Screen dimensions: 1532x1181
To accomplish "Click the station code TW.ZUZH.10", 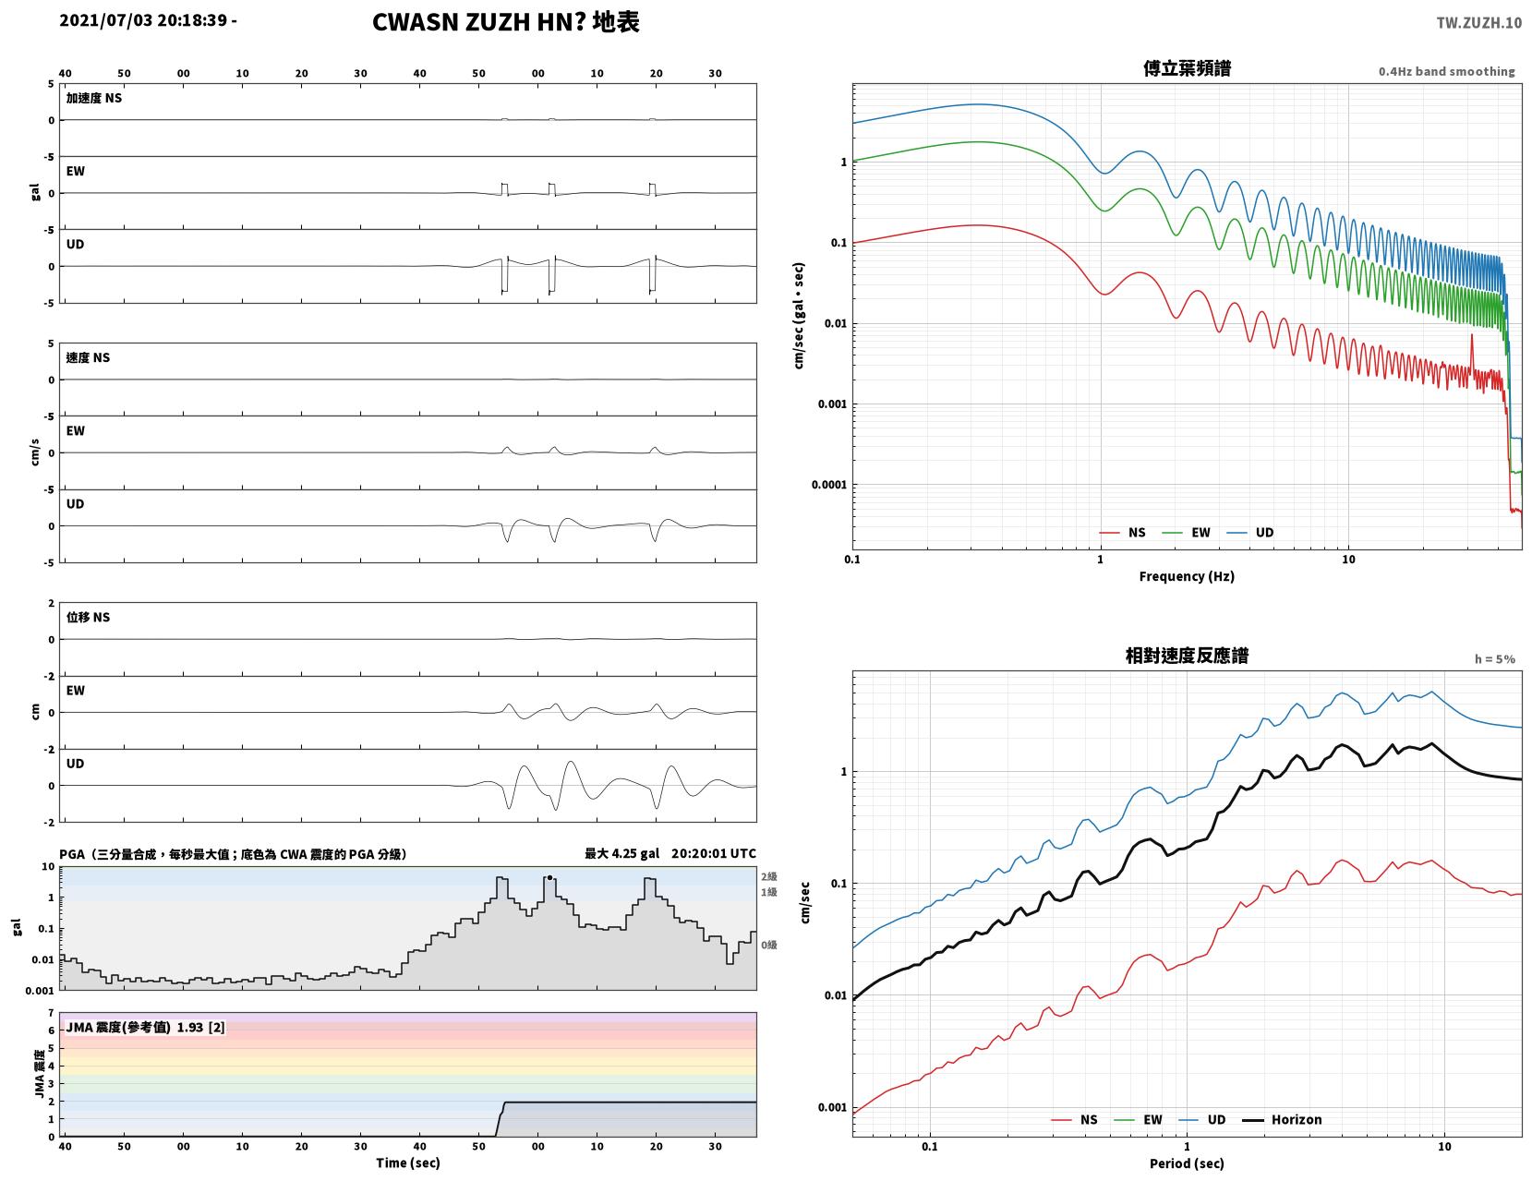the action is [x=1478, y=22].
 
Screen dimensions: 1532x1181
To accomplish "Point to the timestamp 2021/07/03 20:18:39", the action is [x=143, y=19].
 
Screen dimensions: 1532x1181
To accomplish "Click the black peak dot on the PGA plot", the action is [x=549, y=877].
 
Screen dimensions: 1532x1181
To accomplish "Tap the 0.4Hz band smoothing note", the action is [x=1446, y=71].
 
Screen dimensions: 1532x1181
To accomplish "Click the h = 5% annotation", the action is [x=1494, y=659].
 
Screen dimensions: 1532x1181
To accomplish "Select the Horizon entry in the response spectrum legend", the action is [x=1281, y=1119].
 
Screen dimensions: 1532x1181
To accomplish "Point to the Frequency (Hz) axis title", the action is [x=1186, y=575].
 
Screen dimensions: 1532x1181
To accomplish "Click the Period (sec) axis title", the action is [x=1186, y=1163].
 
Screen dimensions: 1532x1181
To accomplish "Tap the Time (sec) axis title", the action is [x=407, y=1162].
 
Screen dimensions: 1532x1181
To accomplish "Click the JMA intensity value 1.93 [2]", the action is [x=201, y=1027].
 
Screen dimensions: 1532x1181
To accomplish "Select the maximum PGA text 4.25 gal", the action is [x=635, y=853].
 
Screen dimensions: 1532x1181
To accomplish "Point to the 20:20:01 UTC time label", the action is [x=714, y=853].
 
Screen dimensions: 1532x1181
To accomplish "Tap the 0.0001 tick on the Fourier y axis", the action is [x=828, y=484].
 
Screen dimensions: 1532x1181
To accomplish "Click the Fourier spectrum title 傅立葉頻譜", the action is [x=1187, y=68].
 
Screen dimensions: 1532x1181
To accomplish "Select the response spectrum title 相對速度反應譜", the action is [x=1187, y=656].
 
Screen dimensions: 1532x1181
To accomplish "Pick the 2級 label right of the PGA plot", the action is [x=768, y=876].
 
